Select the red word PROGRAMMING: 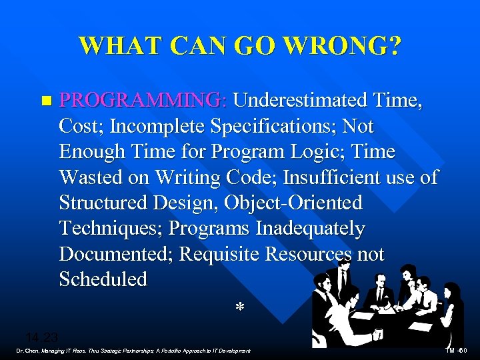(143, 100)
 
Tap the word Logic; (329, 152)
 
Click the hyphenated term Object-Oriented (291, 203)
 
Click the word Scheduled (103, 279)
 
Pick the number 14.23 (42, 337)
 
